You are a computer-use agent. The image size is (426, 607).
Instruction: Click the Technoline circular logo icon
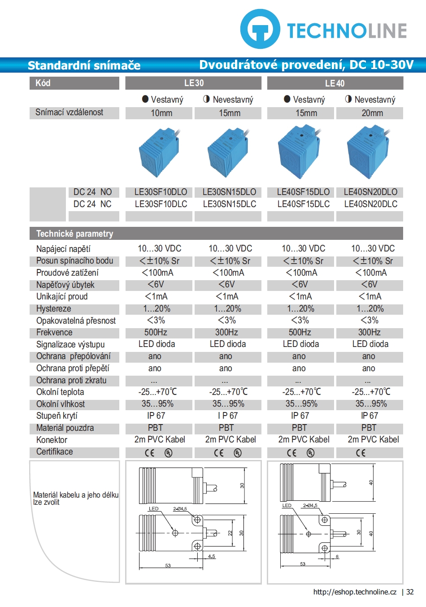point(261,29)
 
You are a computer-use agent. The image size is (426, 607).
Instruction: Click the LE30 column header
point(194,83)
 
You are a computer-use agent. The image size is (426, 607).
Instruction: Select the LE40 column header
point(335,83)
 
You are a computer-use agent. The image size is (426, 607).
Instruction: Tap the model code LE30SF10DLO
point(161,192)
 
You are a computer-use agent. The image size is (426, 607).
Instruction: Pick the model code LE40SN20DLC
point(371,204)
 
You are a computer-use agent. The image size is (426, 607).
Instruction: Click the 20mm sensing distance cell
point(372,113)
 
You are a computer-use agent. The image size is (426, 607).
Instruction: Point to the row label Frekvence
point(54,332)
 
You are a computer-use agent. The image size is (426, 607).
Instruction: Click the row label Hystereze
point(53,308)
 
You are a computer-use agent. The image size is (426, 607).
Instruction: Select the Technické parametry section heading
point(74,234)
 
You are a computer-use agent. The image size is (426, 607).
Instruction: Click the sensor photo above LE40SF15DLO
point(300,152)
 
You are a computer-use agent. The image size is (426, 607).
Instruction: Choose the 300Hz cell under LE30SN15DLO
point(226,332)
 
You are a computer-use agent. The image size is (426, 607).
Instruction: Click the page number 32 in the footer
point(410,592)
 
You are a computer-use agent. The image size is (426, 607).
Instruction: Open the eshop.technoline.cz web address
point(355,592)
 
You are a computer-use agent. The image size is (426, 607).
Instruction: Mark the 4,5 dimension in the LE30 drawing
point(212,556)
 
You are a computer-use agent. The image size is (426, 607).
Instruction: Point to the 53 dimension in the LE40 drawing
point(303,564)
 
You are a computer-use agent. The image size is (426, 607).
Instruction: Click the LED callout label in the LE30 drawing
point(153,509)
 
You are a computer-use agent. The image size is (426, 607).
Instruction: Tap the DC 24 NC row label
point(92,204)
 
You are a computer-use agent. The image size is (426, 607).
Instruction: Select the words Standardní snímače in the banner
point(84,65)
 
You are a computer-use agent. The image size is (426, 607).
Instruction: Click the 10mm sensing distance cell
point(161,113)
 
